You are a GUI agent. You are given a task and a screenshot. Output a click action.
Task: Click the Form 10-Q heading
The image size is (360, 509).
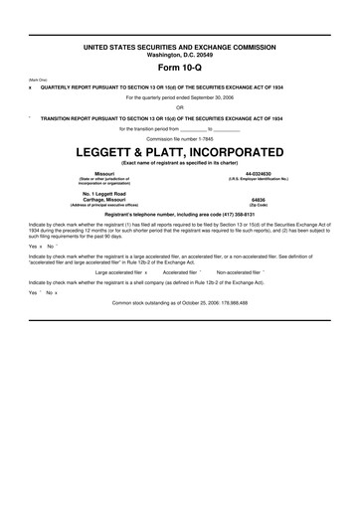pyautogui.click(x=180, y=68)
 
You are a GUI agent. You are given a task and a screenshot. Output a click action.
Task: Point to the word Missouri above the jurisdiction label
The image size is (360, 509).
pyautogui.click(x=90, y=173)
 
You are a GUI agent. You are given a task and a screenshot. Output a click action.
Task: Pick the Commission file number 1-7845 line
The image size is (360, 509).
pyautogui.click(x=180, y=139)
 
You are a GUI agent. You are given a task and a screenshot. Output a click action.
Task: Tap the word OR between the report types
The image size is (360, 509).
pyautogui.click(x=180, y=107)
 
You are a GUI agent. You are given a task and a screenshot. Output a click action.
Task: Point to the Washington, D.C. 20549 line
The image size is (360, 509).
pyautogui.click(x=180, y=54)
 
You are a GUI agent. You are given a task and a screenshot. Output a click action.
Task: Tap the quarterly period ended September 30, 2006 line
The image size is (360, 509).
pyautogui.click(x=180, y=97)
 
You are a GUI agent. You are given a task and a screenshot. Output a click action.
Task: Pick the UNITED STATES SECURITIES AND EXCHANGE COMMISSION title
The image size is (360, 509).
pyautogui.click(x=180, y=47)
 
